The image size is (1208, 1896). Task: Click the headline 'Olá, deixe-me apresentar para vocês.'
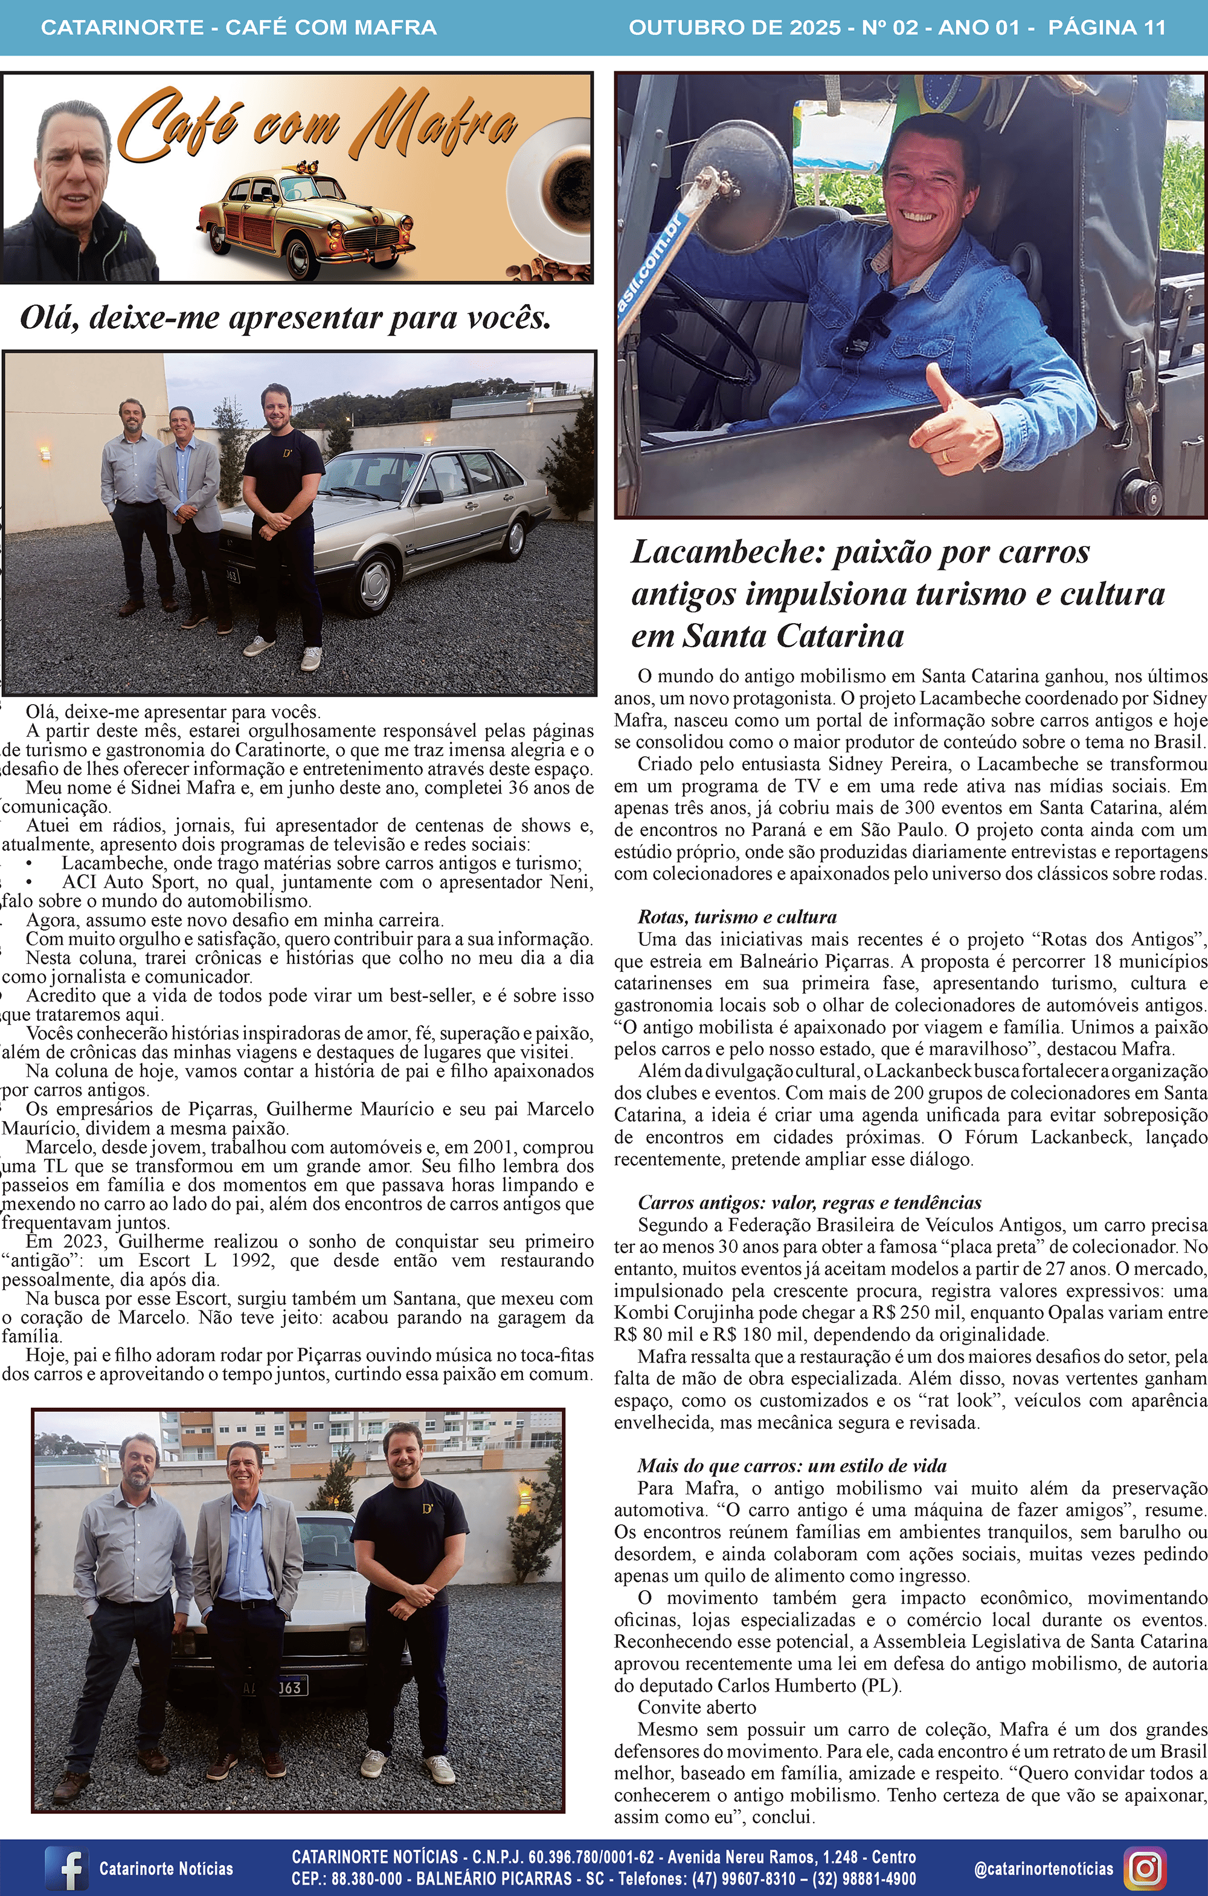285,318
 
